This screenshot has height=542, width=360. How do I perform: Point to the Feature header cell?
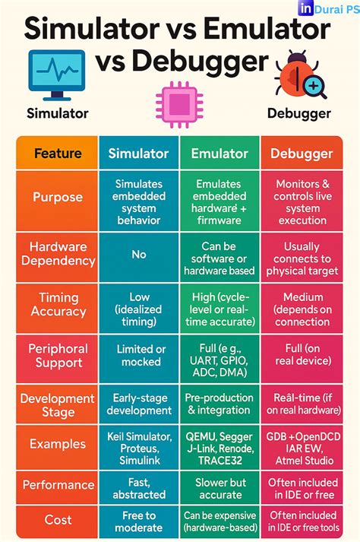[58, 154]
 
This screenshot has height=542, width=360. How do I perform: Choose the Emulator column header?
[219, 154]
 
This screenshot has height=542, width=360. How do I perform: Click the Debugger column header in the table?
[302, 154]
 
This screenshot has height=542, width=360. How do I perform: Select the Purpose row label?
[58, 198]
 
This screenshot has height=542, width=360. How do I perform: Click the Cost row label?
[58, 520]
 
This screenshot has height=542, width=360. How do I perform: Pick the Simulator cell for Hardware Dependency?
[138, 254]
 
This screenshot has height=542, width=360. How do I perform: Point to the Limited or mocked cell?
[138, 355]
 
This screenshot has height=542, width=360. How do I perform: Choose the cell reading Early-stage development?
[138, 404]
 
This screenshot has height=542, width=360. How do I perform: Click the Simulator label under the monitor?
[58, 113]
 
